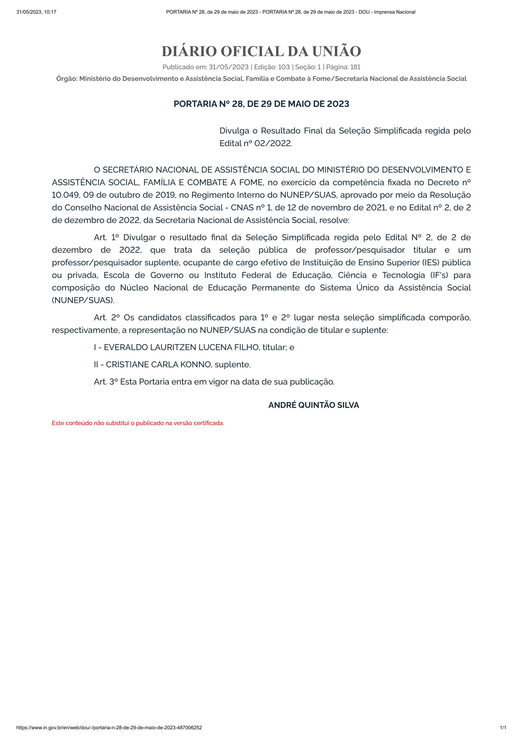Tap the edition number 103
click(284, 67)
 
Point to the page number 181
click(355, 67)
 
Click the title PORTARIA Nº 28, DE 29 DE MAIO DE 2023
click(261, 104)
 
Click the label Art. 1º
click(106, 238)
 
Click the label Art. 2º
click(107, 317)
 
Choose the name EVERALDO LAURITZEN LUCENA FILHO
click(181, 347)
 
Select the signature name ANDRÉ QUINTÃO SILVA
click(314, 405)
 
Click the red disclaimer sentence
click(138, 423)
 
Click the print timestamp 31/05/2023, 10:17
click(36, 12)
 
